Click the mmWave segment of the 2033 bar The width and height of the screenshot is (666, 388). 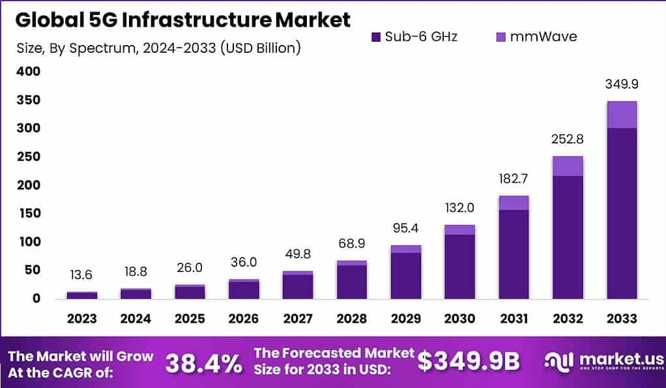coord(622,115)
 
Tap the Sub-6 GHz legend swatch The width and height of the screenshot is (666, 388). coord(376,37)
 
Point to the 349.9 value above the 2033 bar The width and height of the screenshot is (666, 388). coord(622,85)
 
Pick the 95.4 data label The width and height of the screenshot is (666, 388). coord(405,230)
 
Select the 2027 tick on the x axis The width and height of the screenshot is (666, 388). coord(297,319)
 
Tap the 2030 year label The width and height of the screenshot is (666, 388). coord(459,319)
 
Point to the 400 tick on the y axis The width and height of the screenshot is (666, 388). coord(28,72)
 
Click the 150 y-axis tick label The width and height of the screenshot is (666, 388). coord(28,213)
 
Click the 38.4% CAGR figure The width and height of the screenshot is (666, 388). coord(204,363)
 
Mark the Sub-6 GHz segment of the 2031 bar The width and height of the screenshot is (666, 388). coord(514,254)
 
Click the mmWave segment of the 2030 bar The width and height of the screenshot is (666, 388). coord(459,230)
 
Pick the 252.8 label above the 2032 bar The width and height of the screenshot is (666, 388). coord(568,140)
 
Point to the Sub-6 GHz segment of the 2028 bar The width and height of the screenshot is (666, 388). coord(351,282)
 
